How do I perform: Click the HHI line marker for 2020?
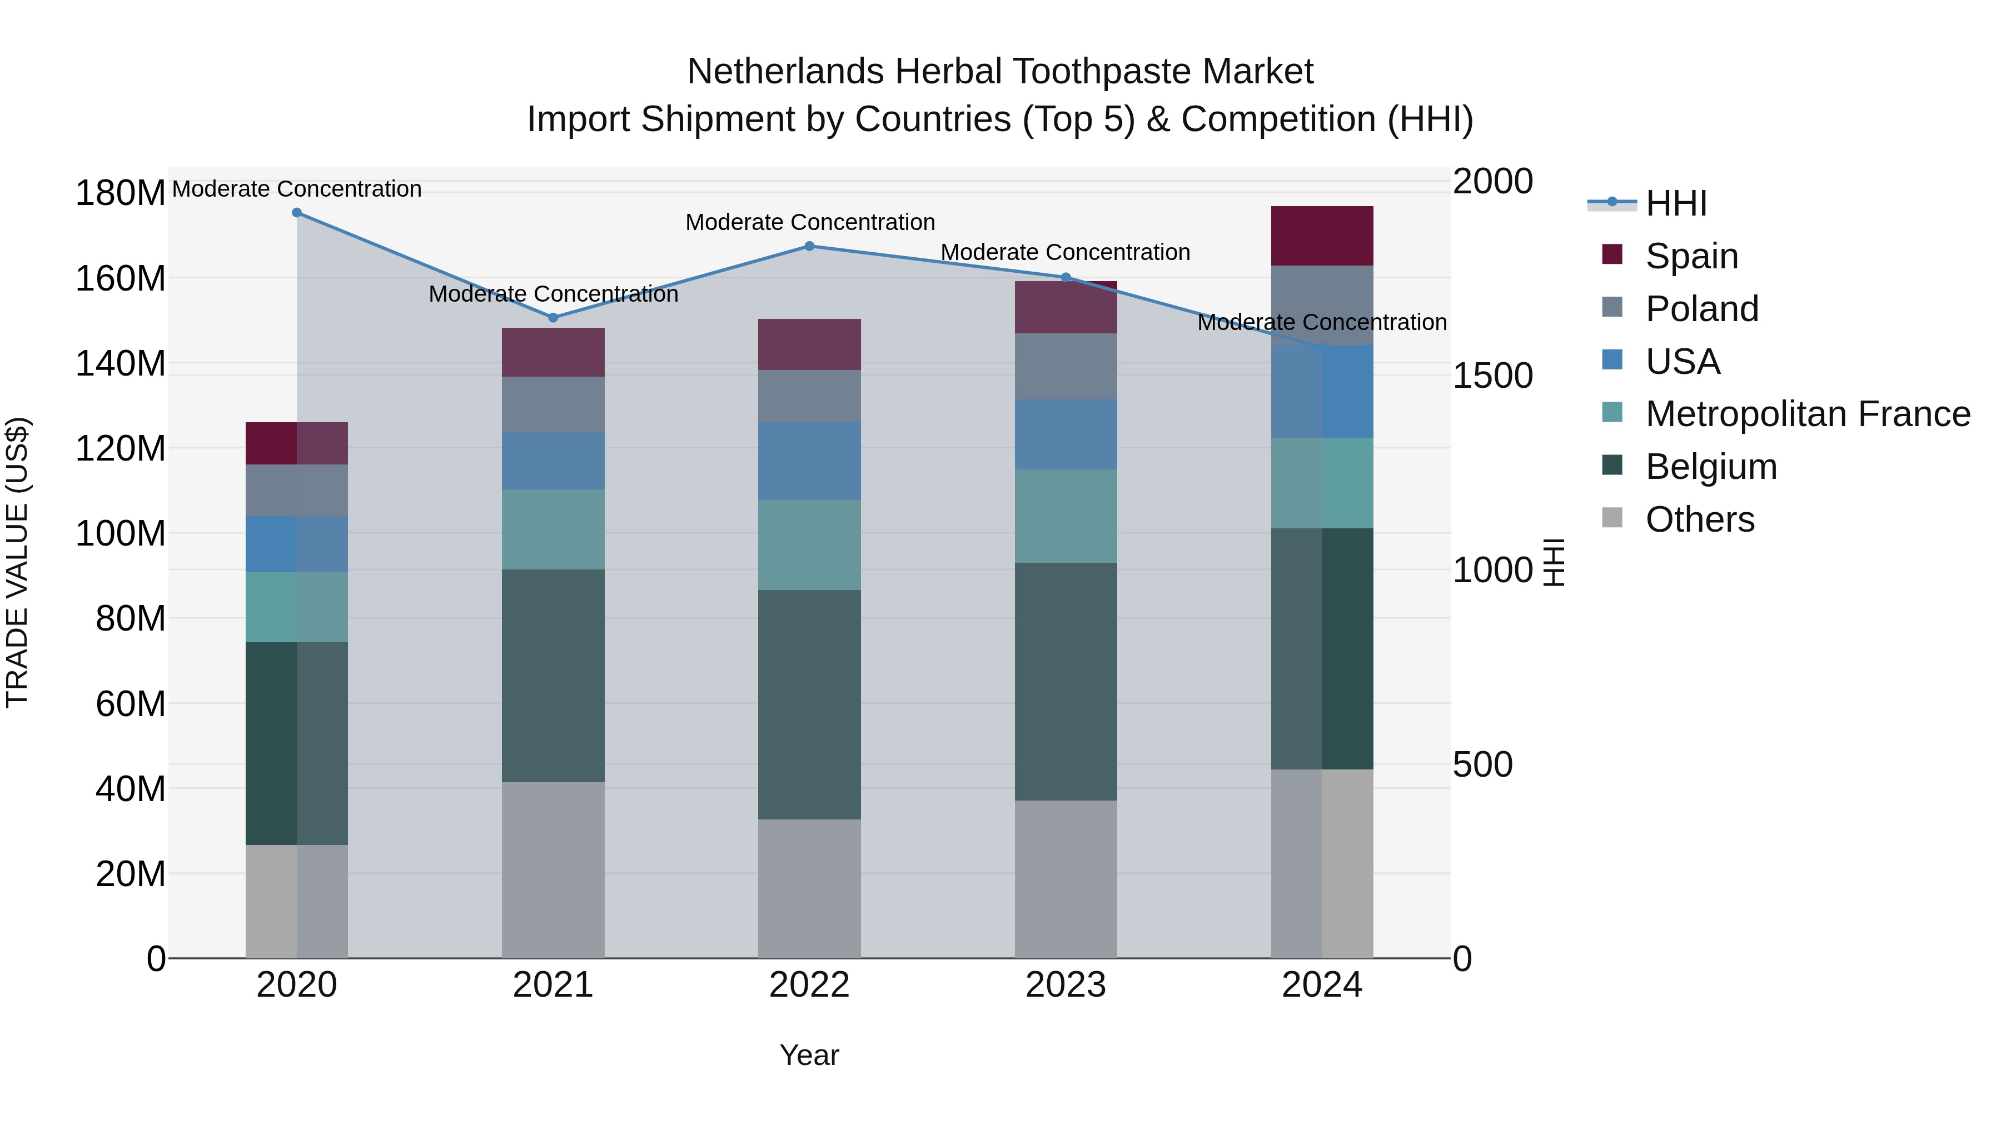[x=297, y=213]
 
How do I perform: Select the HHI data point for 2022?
[x=809, y=246]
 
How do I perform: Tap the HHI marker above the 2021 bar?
[x=553, y=318]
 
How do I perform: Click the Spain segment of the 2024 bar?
[x=1322, y=236]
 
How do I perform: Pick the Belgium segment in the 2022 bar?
[x=809, y=704]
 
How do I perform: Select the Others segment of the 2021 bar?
[x=553, y=869]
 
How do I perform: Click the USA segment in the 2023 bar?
[x=1066, y=435]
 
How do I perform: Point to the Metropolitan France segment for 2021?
[x=553, y=529]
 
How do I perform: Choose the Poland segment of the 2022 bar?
[x=809, y=396]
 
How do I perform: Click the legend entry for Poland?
[x=1701, y=309]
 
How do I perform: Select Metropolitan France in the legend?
[x=1808, y=414]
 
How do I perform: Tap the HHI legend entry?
[x=1675, y=203]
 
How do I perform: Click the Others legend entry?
[x=1700, y=519]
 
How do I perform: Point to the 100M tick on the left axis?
[x=121, y=534]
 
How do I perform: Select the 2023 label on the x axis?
[x=1066, y=985]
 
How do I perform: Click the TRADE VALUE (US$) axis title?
[x=17, y=562]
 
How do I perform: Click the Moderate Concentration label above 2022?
[x=809, y=223]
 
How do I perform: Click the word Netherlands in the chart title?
[x=786, y=72]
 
